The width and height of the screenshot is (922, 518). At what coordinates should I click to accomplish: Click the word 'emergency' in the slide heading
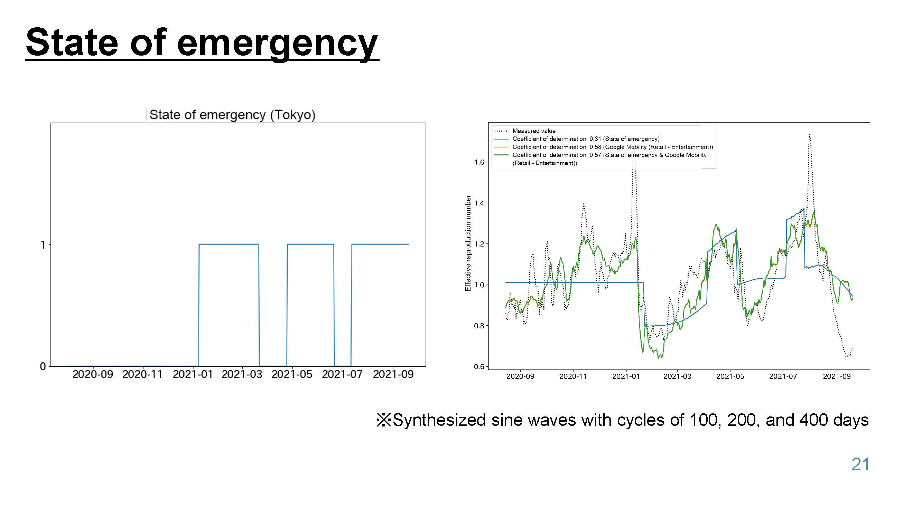pos(277,44)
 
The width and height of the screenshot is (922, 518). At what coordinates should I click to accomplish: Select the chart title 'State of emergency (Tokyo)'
pos(232,115)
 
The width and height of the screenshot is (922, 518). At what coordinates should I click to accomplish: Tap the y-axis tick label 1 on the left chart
pos(43,245)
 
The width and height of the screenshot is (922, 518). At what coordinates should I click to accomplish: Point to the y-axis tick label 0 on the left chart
pos(43,366)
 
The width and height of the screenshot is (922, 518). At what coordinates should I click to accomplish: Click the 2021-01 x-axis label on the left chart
pos(193,374)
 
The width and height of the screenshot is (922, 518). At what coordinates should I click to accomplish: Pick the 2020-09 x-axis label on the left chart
pos(93,374)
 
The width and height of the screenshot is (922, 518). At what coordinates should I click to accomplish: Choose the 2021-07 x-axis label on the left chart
pos(342,374)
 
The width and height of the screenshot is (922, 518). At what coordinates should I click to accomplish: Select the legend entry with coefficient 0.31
pos(577,139)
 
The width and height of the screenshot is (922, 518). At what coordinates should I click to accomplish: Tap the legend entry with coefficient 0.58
pos(604,147)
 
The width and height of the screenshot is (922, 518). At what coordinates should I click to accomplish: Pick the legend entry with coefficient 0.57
pos(600,159)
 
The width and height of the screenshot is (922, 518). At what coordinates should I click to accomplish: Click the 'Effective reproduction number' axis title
pos(468,243)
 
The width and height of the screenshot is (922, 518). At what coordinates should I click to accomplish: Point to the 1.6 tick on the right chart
pos(479,162)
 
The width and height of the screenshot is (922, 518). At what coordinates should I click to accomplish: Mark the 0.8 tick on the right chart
pos(479,326)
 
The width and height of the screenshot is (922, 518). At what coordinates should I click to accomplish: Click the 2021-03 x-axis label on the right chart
pos(677,376)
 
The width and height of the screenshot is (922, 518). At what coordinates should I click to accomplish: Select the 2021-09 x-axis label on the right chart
pos(837,376)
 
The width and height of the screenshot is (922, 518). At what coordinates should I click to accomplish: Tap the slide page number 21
pos(860,464)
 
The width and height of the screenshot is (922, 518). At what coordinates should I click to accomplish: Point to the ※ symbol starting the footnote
pos(384,420)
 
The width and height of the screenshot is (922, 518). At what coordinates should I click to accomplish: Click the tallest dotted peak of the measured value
pos(809,134)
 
